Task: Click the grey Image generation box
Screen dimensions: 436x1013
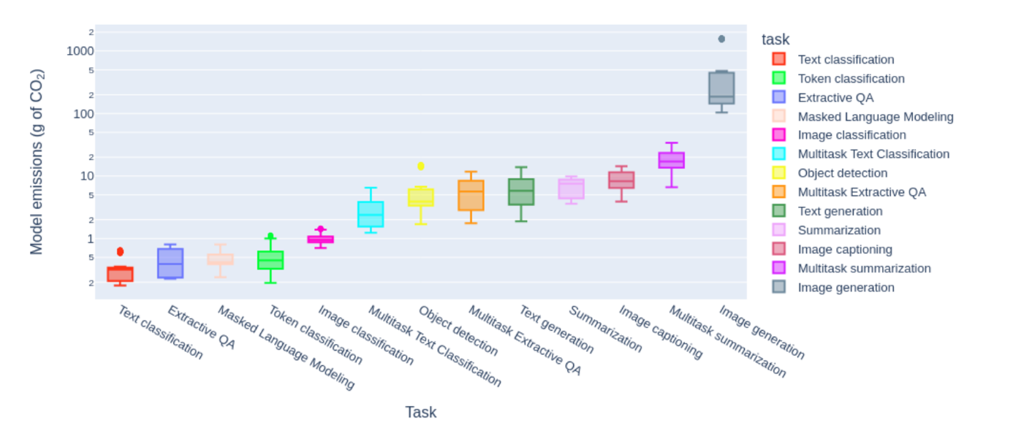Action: pyautogui.click(x=721, y=88)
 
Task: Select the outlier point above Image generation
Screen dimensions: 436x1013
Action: pyautogui.click(x=721, y=39)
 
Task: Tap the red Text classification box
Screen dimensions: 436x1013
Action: pyautogui.click(x=120, y=275)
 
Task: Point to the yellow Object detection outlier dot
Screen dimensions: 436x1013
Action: pyautogui.click(x=420, y=167)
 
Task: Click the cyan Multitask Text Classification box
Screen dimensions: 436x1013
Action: pyautogui.click(x=371, y=215)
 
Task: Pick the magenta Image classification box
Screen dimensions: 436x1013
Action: pyautogui.click(x=320, y=240)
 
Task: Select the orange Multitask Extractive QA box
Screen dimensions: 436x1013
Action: pyautogui.click(x=471, y=195)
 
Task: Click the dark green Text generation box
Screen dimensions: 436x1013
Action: pyautogui.click(x=521, y=192)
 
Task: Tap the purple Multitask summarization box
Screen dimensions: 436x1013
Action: pyautogui.click(x=671, y=160)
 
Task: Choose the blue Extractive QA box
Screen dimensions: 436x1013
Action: pyautogui.click(x=170, y=263)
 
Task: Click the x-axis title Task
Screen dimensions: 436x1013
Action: pyautogui.click(x=420, y=413)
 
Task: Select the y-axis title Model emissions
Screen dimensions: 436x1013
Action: pyautogui.click(x=37, y=162)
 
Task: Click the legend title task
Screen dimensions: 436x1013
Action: pyautogui.click(x=775, y=39)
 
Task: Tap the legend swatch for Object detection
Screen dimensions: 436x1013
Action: pyautogui.click(x=779, y=173)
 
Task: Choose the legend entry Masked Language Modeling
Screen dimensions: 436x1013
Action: pyautogui.click(x=875, y=116)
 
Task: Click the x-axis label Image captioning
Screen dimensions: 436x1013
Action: pyautogui.click(x=660, y=332)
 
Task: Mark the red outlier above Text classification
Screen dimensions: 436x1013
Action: pyautogui.click(x=121, y=252)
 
